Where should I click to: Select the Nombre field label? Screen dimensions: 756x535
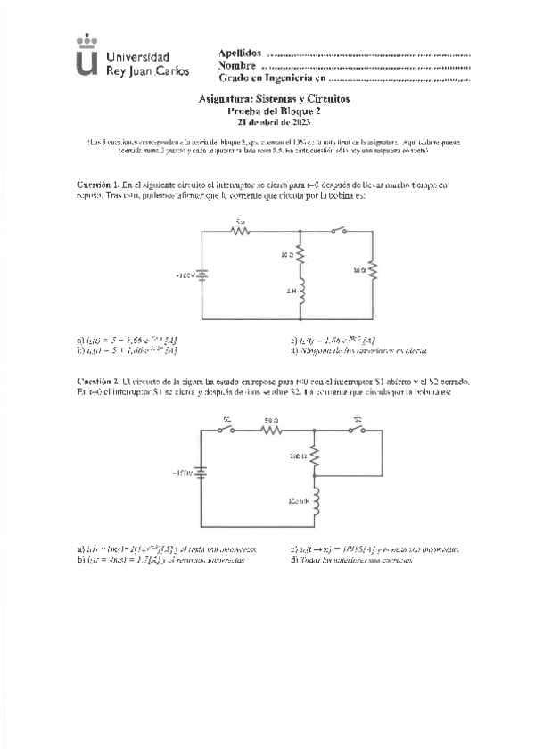point(237,66)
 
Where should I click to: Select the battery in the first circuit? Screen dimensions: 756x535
point(204,275)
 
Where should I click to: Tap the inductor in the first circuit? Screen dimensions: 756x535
point(300,292)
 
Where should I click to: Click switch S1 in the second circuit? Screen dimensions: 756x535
point(227,430)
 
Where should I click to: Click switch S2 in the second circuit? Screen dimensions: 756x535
point(358,430)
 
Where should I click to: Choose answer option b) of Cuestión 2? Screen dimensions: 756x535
point(160,559)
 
